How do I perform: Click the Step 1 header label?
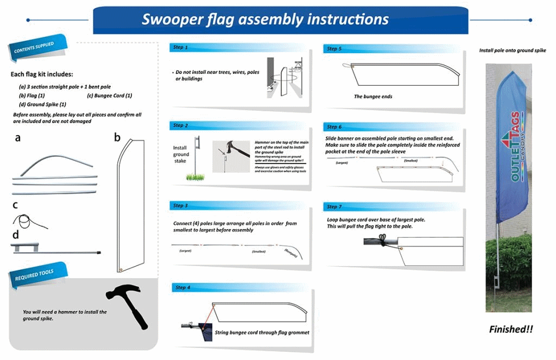(x=180, y=48)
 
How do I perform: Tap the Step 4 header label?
(x=182, y=287)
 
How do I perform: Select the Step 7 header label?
(x=334, y=207)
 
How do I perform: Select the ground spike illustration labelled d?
(x=54, y=250)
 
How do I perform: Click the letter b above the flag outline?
(x=117, y=137)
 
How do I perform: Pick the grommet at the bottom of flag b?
(x=122, y=269)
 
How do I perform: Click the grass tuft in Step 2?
(x=195, y=176)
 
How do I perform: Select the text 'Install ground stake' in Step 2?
(x=181, y=154)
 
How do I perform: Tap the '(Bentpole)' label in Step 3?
(x=293, y=251)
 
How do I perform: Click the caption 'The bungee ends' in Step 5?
(x=373, y=96)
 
